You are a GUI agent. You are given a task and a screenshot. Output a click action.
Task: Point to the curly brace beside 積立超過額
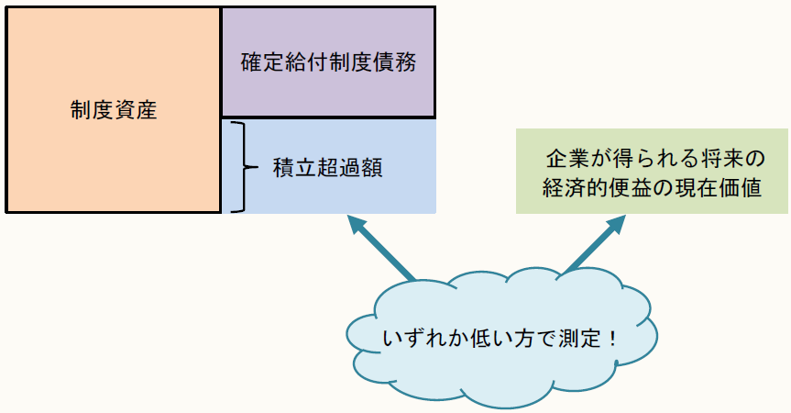[240, 166]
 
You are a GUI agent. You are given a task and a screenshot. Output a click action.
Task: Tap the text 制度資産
[113, 111]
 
